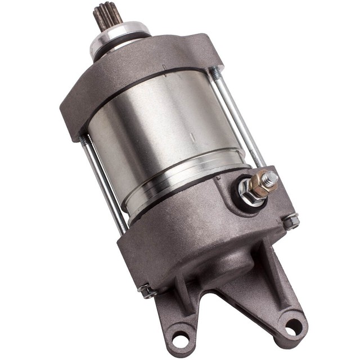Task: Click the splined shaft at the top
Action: click(x=107, y=17)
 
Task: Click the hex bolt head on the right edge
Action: click(x=291, y=222)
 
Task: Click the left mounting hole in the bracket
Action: click(x=180, y=339)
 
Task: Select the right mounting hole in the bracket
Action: click(x=292, y=325)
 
